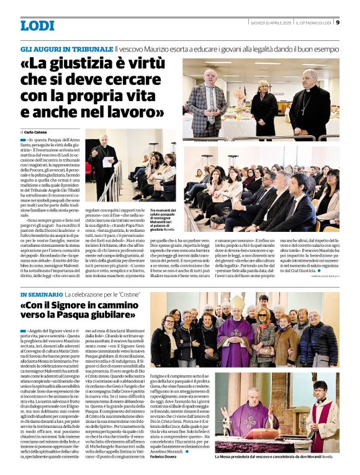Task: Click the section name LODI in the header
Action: click(x=37, y=25)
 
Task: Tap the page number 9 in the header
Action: click(x=337, y=24)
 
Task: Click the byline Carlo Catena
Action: click(x=37, y=132)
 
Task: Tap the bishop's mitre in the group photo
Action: click(x=237, y=302)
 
